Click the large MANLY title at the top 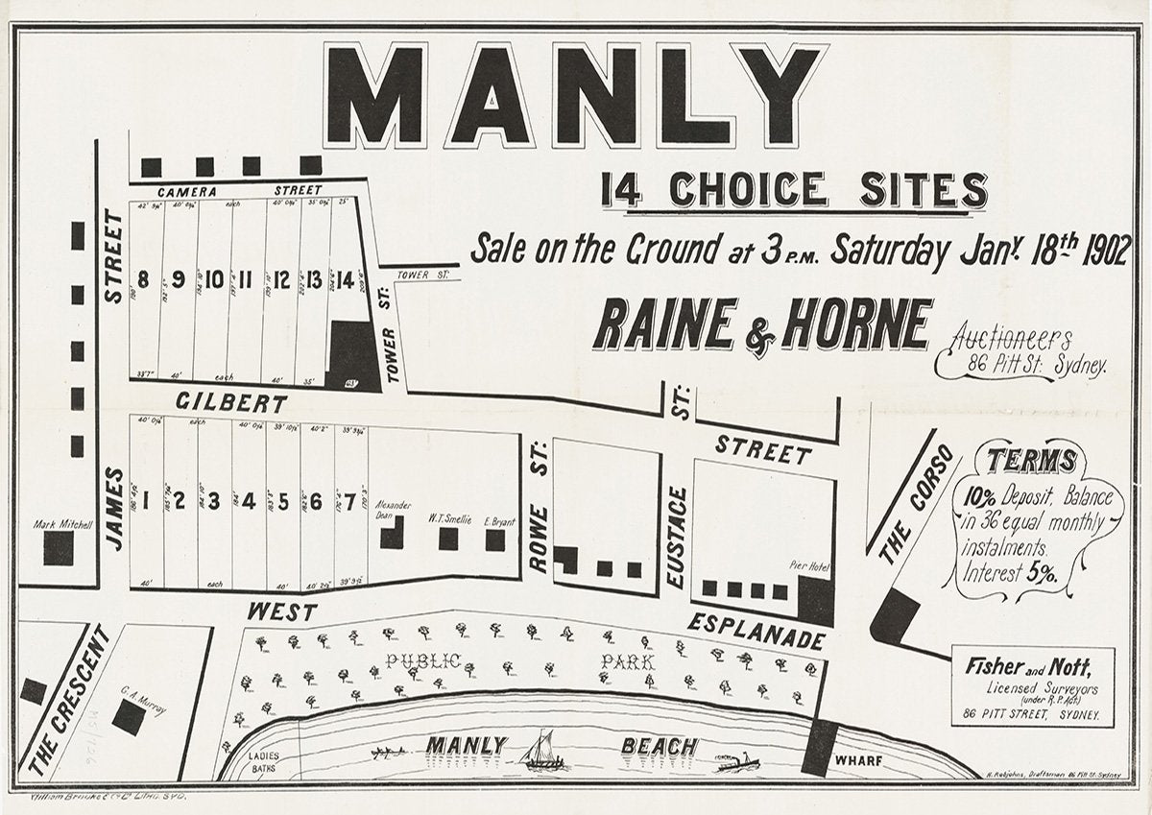pyautogui.click(x=574, y=96)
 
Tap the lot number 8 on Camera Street pyautogui.click(x=144, y=280)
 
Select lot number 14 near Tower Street pyautogui.click(x=345, y=280)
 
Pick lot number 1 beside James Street pyautogui.click(x=146, y=500)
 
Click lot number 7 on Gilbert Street pyautogui.click(x=351, y=500)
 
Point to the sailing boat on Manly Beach pyautogui.click(x=543, y=751)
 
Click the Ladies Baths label pyautogui.click(x=264, y=760)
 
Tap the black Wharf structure pyautogui.click(x=819, y=746)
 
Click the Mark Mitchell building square pyautogui.click(x=59, y=548)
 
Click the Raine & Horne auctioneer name pyautogui.click(x=762, y=325)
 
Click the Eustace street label pyautogui.click(x=678, y=538)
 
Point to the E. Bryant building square pyautogui.click(x=495, y=539)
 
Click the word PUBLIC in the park pyautogui.click(x=423, y=660)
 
